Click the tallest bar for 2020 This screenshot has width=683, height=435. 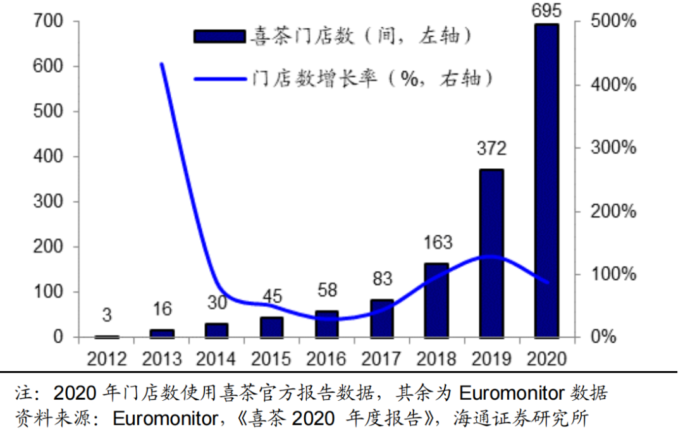547,180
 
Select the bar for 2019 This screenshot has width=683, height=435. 491,253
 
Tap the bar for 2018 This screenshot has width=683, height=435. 436,300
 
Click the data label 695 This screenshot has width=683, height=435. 547,11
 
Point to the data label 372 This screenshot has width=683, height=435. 491,149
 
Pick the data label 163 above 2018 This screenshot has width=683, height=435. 436,242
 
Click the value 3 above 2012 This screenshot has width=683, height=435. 107,314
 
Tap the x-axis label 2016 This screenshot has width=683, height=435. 326,358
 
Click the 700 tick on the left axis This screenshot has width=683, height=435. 49,21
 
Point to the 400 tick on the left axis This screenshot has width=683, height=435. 49,156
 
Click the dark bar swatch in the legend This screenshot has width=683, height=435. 219,36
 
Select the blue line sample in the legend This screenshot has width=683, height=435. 219,79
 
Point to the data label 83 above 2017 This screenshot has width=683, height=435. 381,278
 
